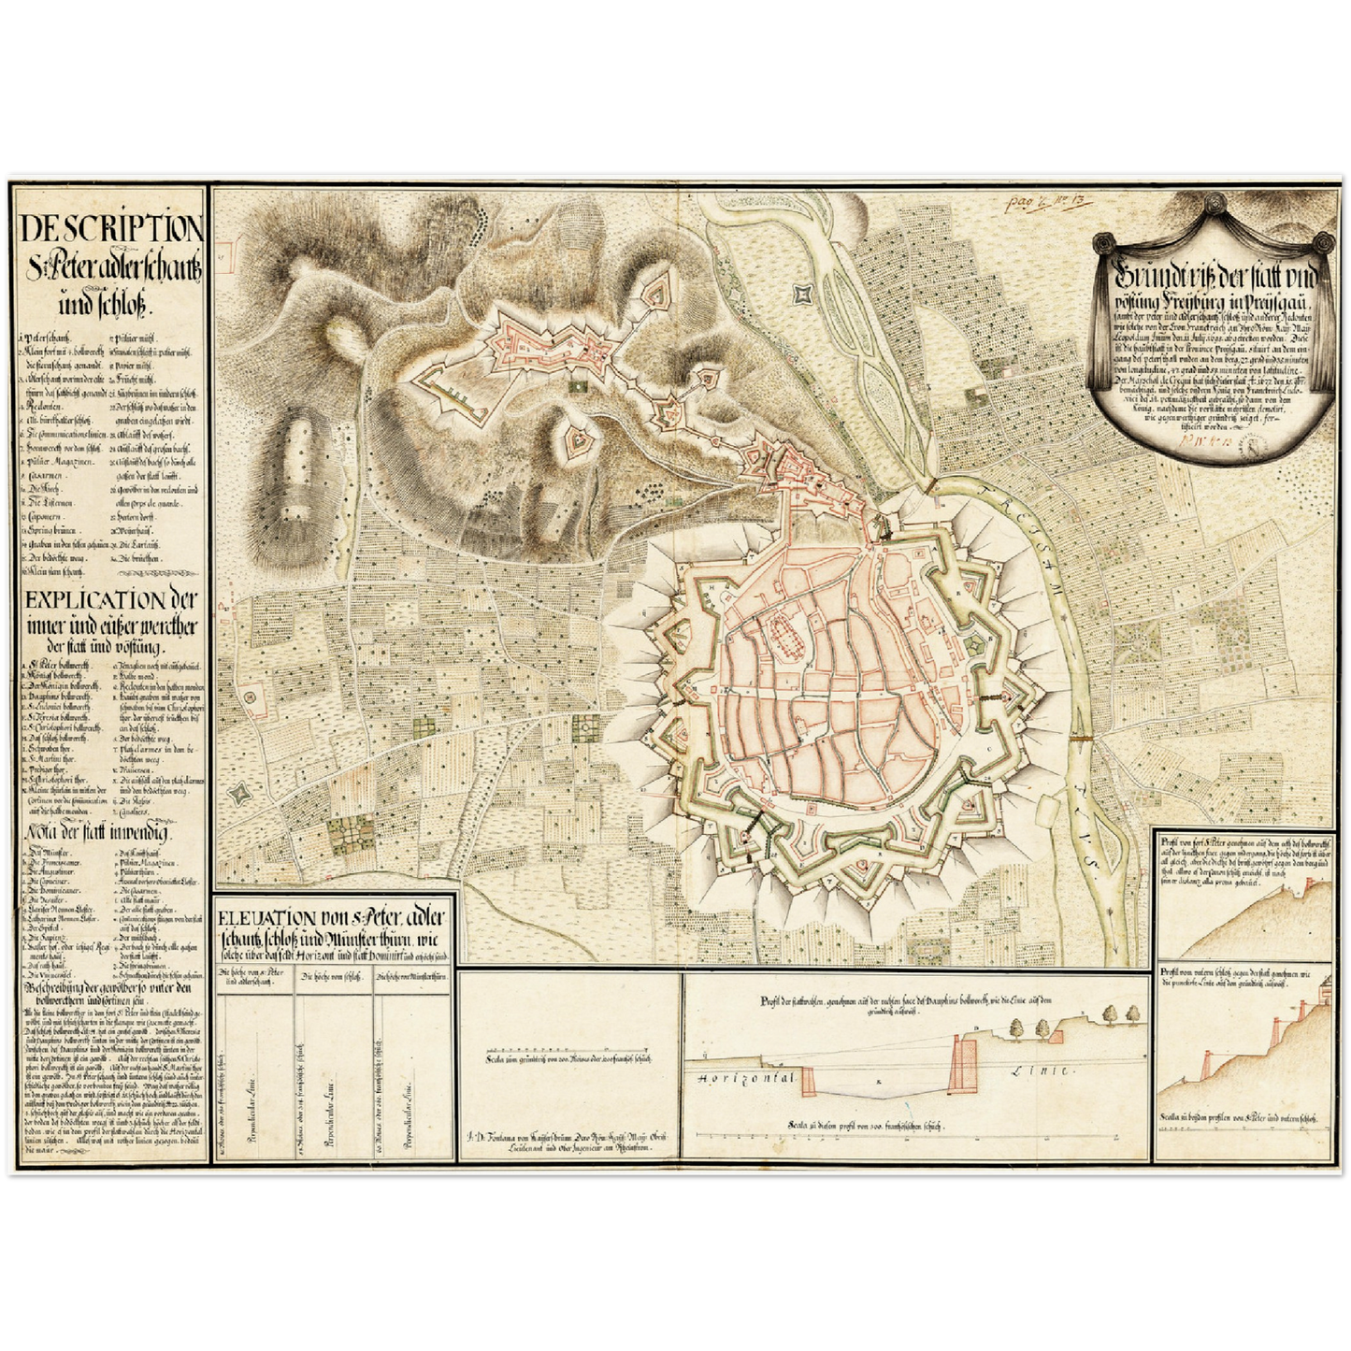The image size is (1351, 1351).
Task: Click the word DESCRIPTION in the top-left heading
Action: pyautogui.click(x=110, y=228)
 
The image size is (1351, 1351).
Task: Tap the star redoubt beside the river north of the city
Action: pyautogui.click(x=800, y=295)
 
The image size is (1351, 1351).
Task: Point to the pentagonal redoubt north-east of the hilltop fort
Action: pyautogui.click(x=659, y=293)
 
